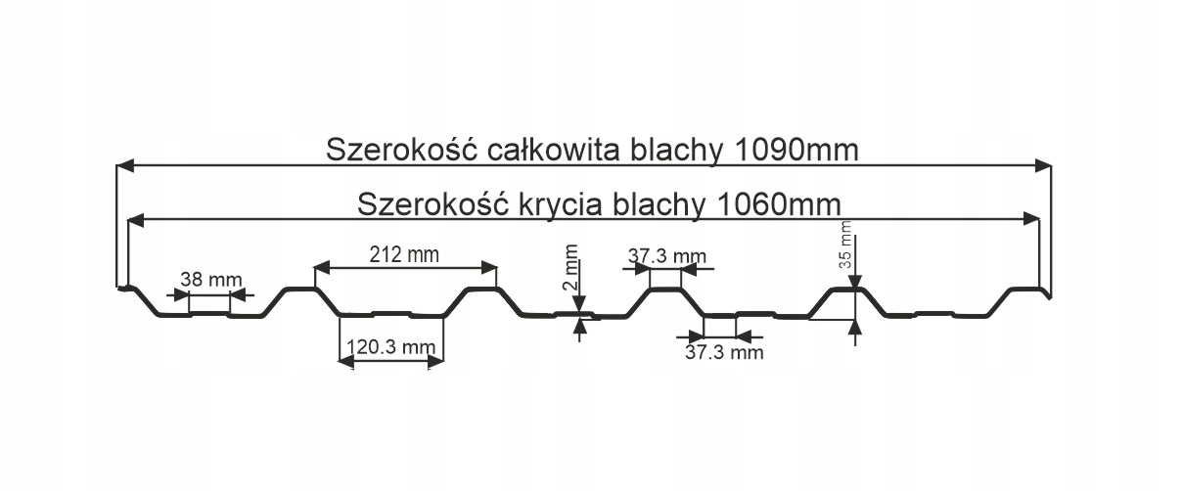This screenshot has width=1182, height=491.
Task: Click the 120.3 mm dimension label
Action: (390, 346)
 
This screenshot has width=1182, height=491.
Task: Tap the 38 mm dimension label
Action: (210, 280)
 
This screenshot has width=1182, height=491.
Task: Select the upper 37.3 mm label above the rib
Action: (666, 256)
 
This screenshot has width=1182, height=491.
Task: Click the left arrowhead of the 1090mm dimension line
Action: (124, 165)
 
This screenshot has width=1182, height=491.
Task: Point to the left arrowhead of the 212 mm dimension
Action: (321, 266)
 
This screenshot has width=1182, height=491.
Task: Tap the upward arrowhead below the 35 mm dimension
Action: (856, 328)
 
